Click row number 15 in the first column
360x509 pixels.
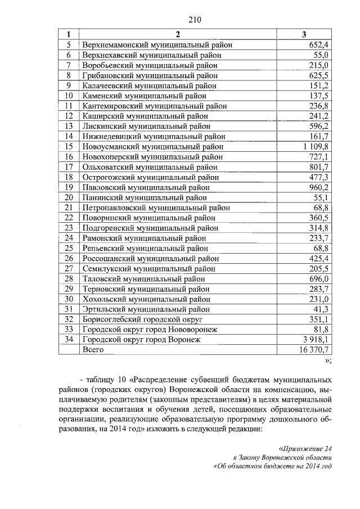pyautogui.click(x=69, y=146)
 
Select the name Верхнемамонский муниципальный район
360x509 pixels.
pyautogui.click(x=157, y=44)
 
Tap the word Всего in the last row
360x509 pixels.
pyautogui.click(x=93, y=349)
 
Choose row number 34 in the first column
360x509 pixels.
pyautogui.click(x=69, y=339)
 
